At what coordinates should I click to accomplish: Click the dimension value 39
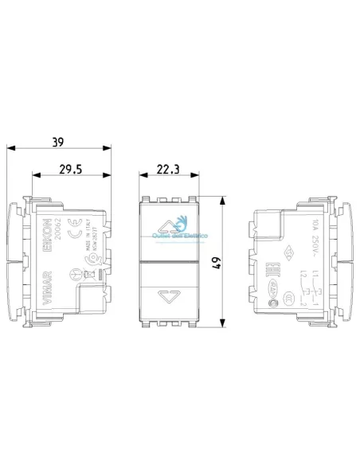(57, 143)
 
